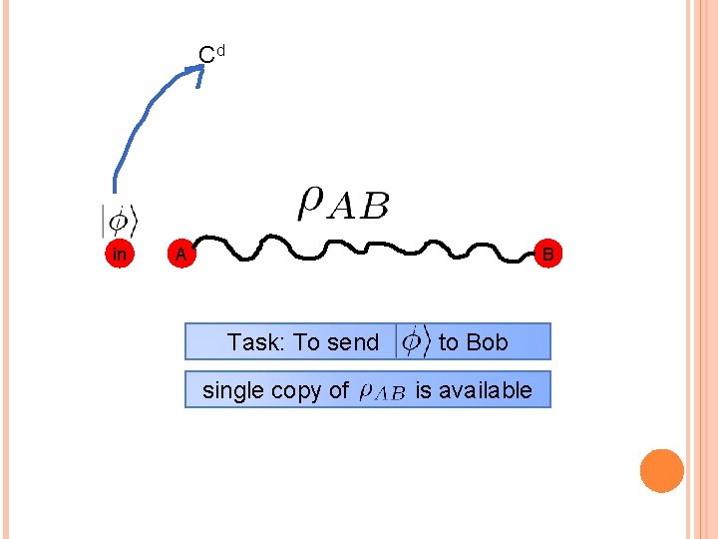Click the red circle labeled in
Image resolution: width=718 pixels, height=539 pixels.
click(120, 255)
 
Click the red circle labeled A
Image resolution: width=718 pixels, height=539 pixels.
click(179, 255)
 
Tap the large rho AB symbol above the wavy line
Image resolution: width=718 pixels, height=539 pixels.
click(343, 204)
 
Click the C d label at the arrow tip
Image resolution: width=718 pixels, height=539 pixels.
click(211, 53)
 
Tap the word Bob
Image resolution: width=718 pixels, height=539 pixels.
click(486, 342)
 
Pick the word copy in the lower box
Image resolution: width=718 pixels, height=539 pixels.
click(300, 390)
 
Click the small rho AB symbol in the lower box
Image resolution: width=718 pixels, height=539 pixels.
click(381, 391)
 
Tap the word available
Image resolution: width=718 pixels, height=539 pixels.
click(486, 389)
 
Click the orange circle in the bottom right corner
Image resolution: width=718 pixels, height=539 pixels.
click(661, 471)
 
